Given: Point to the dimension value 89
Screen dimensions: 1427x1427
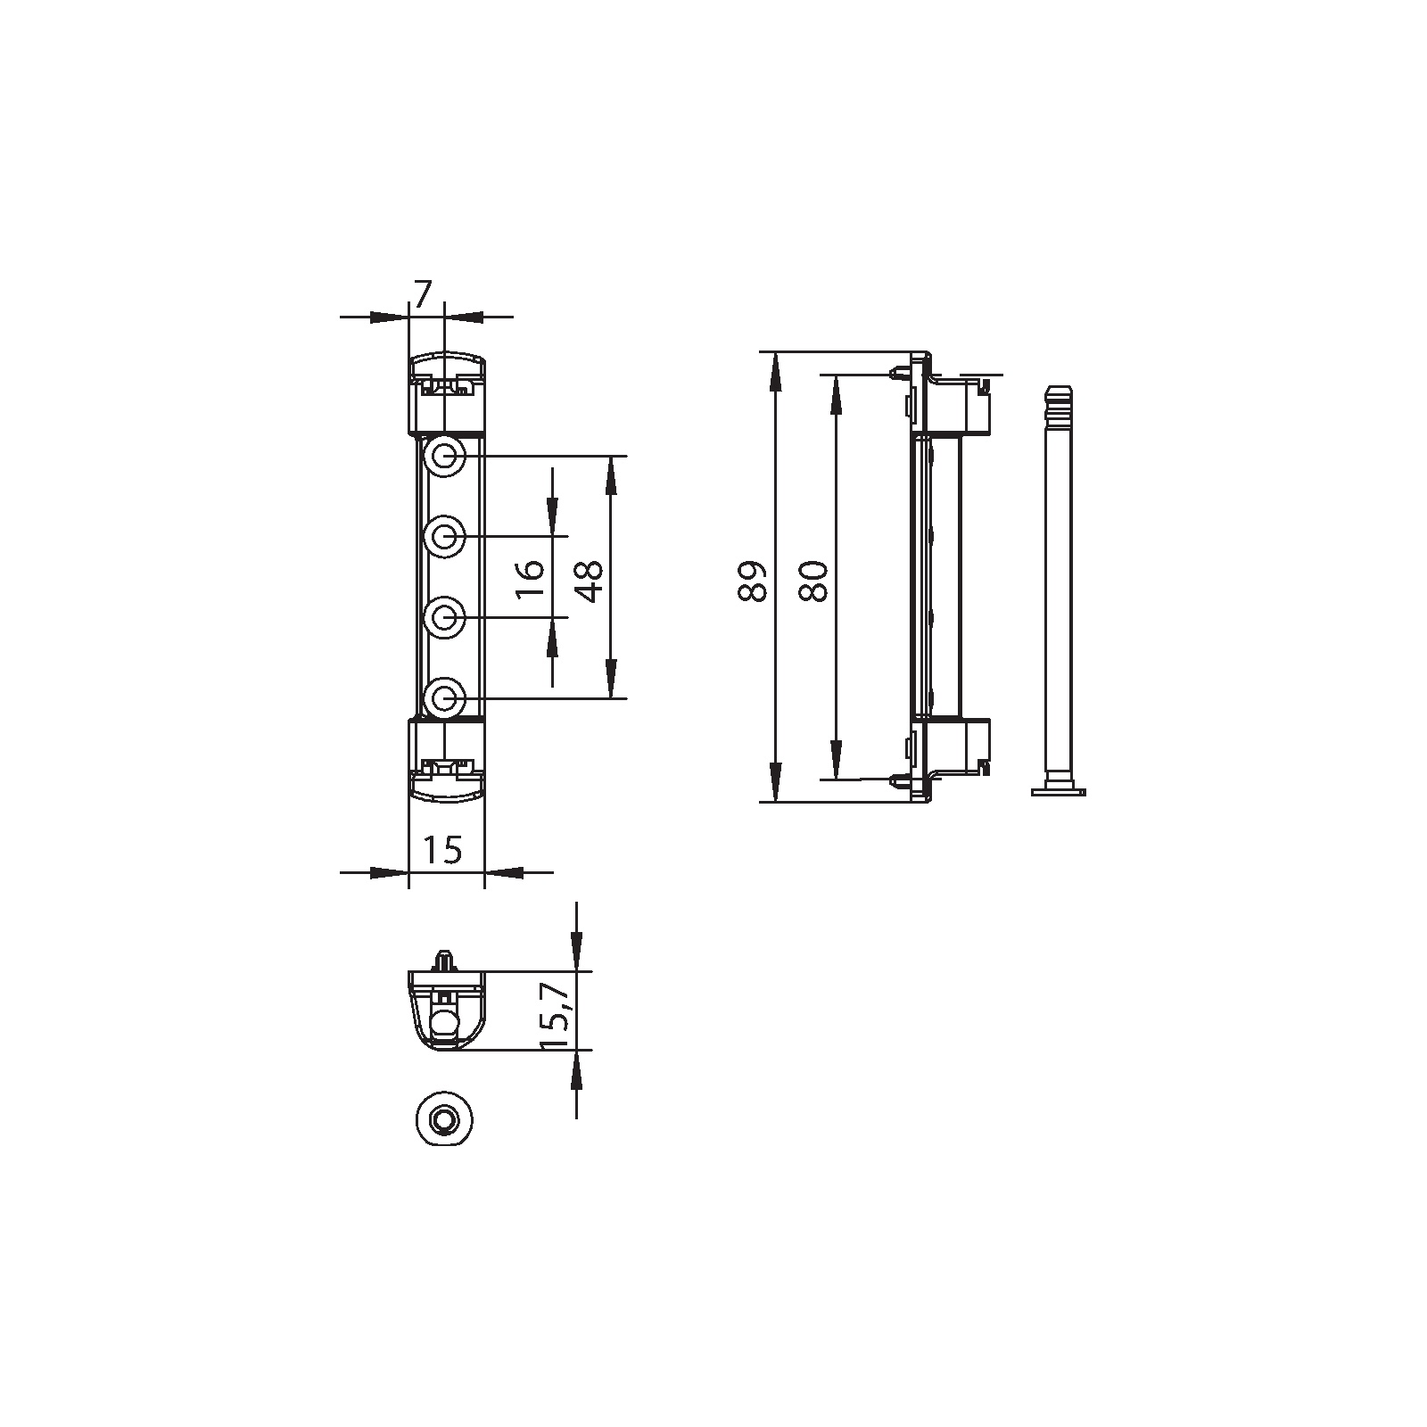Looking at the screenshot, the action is pos(753,581).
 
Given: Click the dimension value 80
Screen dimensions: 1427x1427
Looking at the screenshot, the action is pos(813,581).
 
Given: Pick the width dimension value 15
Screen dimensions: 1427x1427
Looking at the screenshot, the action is pos(442,850).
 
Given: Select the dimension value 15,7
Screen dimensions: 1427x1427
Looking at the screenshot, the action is pos(553,1015).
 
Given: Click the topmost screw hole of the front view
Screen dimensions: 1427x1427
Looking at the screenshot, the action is pos(443,457).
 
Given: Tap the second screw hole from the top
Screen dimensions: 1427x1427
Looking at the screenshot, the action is pos(443,537).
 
